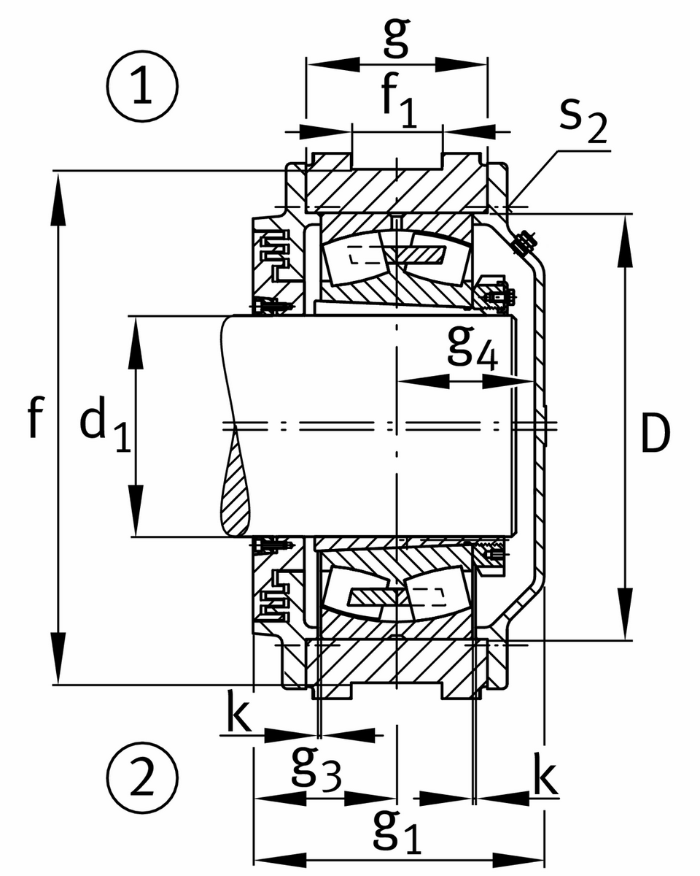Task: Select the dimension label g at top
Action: coord(395,39)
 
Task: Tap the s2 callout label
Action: coord(583,126)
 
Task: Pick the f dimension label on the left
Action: coord(34,418)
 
